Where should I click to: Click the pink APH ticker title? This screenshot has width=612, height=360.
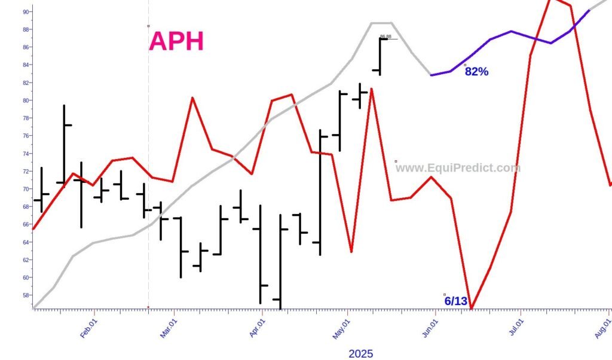tap(176, 41)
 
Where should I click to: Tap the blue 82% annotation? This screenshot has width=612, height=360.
tap(476, 72)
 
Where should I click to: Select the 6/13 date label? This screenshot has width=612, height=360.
tap(455, 301)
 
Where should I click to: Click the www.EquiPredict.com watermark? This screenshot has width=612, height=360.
tap(458, 168)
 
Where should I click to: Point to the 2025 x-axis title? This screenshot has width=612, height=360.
tap(360, 353)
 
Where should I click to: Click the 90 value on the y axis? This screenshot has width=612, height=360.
tap(27, 11)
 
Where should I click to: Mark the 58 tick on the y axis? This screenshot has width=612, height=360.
tap(27, 295)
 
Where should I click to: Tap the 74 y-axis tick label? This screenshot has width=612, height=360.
tap(27, 154)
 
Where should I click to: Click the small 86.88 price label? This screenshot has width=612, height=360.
tap(385, 36)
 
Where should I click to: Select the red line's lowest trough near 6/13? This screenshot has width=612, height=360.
tap(471, 309)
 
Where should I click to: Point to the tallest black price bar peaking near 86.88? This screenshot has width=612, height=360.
tap(380, 57)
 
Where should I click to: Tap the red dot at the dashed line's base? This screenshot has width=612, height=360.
tap(148, 307)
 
